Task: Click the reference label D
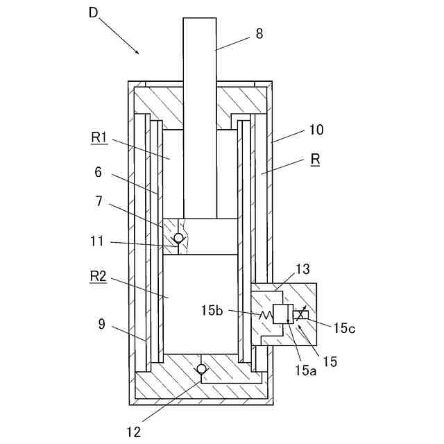94,12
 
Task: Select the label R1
99,137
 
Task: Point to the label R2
99,276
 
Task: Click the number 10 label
316,130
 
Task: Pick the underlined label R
315,160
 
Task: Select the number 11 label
96,242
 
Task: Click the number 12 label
134,432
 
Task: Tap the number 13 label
303,269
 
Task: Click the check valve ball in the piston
178,239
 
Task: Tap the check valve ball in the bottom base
202,369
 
